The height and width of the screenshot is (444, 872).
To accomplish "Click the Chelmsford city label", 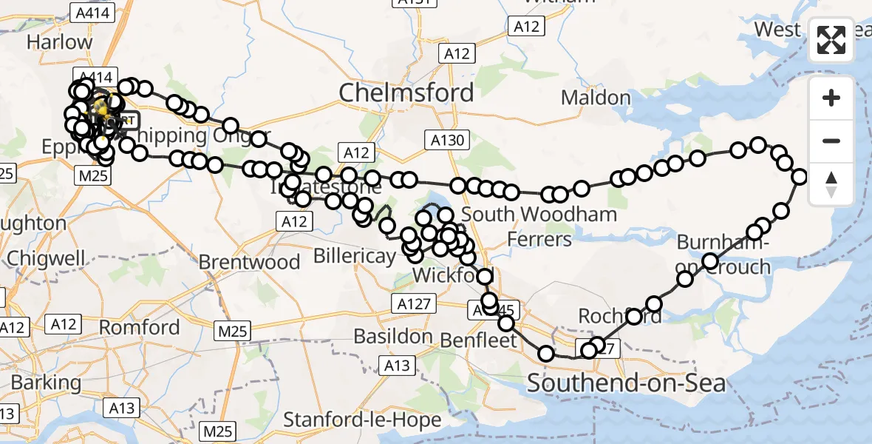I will tap(406, 92).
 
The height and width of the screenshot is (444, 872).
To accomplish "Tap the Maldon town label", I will tap(596, 97).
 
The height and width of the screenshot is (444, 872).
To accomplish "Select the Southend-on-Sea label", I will tap(626, 383).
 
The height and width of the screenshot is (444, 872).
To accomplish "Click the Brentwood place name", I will tap(249, 262).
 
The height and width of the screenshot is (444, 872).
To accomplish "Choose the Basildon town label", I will tap(393, 336).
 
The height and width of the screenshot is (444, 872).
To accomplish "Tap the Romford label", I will tap(139, 327).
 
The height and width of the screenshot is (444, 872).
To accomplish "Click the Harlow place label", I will tap(59, 42).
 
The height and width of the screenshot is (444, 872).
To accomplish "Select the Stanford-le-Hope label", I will tap(362, 420).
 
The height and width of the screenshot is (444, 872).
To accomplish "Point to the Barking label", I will tap(46, 383).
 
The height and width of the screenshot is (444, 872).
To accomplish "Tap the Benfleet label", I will tap(479, 340).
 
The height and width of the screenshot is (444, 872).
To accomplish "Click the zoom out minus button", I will tap(831, 141).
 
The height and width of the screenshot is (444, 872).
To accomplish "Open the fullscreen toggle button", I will tap(831, 40).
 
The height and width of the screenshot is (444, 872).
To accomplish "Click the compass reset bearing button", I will tap(831, 184).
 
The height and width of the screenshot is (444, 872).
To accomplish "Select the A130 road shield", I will tap(449, 138).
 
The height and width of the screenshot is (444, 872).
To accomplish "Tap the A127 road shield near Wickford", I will tap(414, 303).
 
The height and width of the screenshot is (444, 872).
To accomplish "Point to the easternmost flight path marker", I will tap(800, 176).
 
